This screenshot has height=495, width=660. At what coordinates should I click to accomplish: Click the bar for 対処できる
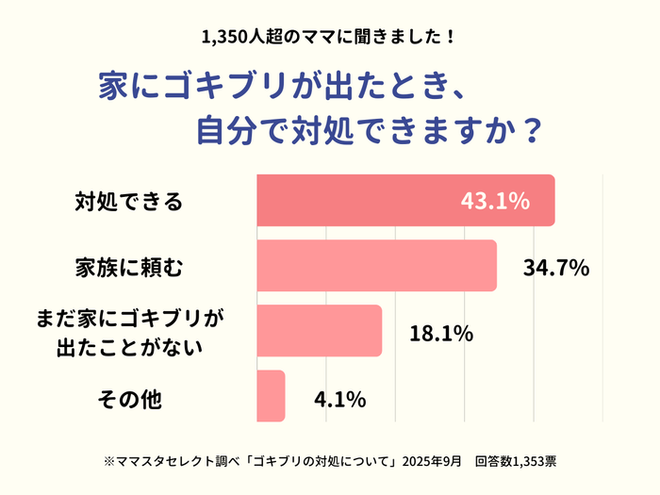[x=405, y=200]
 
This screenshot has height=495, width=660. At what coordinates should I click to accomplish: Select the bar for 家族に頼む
[x=376, y=266]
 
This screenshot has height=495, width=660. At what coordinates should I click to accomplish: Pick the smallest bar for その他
[x=271, y=396]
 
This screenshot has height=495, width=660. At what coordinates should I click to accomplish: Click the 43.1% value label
[x=495, y=201]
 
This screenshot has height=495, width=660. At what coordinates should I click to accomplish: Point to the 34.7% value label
[x=556, y=267]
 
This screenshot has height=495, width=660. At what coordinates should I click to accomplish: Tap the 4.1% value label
[x=339, y=399]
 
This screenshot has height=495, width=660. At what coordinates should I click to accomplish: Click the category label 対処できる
[x=128, y=201]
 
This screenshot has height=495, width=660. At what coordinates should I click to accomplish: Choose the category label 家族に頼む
[x=128, y=267]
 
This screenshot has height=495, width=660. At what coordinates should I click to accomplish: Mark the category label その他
[x=130, y=399]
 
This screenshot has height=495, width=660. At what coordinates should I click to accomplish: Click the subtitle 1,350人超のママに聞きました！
[x=330, y=39]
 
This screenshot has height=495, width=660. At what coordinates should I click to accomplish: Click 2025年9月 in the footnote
[x=432, y=462]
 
